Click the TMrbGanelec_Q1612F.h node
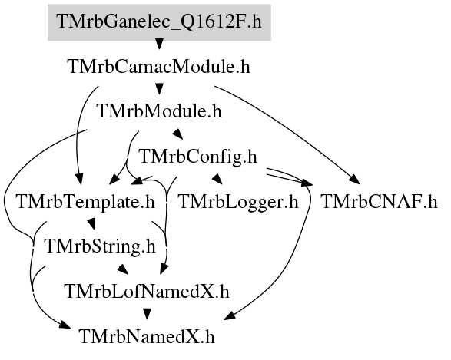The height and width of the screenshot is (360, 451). coord(159,22)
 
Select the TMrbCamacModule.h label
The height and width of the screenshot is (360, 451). coord(159,67)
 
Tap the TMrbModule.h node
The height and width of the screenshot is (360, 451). coord(160,111)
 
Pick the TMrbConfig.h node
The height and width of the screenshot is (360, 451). coord(198,157)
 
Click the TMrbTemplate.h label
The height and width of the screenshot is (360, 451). coord(86,202)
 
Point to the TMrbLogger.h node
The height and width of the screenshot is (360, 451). coord(238,202)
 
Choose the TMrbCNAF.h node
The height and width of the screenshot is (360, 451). coord(379,202)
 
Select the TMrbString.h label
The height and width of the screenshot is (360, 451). coord(100,246)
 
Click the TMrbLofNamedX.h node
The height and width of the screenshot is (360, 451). coord(148,292)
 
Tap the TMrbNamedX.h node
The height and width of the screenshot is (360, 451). coord(147,337)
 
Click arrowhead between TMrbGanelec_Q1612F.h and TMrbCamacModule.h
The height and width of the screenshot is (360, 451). coord(159,44)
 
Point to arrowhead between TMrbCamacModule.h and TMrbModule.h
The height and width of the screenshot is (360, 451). coord(159,88)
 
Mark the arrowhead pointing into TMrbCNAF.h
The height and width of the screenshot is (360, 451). coord(354,180)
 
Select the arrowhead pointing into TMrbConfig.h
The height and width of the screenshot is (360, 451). coord(177,134)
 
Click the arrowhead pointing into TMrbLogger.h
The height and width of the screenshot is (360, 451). coord(217,179)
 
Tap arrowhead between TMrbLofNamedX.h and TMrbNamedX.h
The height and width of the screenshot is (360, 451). coord(147,314)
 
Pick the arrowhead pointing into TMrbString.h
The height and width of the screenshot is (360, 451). coord(91,224)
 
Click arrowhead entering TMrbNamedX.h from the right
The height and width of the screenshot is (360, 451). coord(230,315)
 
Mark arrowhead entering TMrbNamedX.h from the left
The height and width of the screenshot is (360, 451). coord(65,325)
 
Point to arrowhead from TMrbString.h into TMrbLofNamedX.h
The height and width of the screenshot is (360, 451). coord(123,269)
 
